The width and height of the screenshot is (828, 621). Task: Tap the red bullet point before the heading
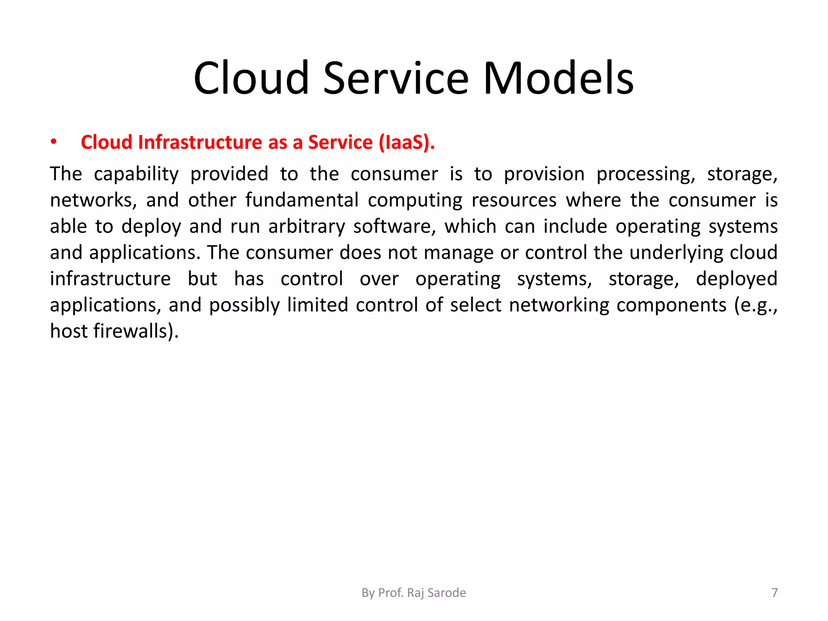pyautogui.click(x=53, y=142)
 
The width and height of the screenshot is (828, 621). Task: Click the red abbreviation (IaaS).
pyautogui.click(x=407, y=142)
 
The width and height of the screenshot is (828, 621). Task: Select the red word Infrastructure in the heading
pyautogui.click(x=200, y=142)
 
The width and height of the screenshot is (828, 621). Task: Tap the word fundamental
pyautogui.click(x=302, y=201)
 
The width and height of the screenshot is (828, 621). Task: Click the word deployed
pyautogui.click(x=736, y=279)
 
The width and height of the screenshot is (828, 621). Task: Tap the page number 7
pyautogui.click(x=774, y=593)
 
